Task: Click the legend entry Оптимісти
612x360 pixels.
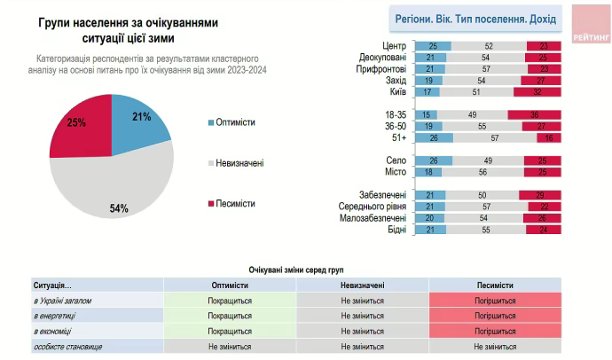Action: tap(233, 121)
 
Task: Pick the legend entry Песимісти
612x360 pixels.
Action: tap(234, 203)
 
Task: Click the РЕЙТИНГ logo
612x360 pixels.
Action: tap(590, 25)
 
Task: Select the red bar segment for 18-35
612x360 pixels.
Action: tap(535, 114)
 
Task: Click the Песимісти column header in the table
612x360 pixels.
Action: tap(495, 286)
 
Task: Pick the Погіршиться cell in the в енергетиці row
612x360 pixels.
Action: tap(495, 316)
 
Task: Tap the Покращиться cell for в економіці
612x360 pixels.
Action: tap(229, 331)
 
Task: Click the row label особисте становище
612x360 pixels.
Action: tap(69, 346)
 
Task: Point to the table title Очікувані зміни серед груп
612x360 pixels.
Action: tap(296, 269)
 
